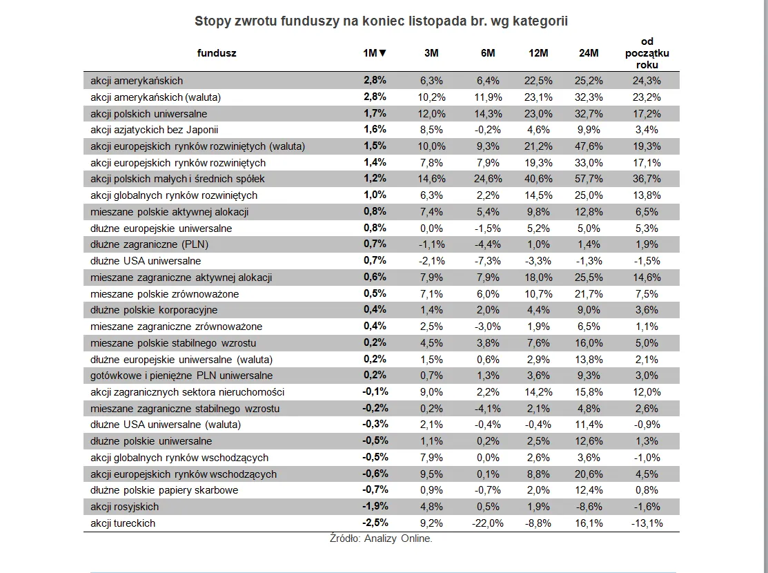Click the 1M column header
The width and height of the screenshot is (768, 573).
(x=375, y=53)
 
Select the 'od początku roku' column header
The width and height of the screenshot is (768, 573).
(x=647, y=53)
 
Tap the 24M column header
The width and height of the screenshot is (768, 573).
(x=589, y=53)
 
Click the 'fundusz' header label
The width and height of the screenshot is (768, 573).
(x=217, y=53)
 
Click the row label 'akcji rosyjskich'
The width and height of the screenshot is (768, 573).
(x=124, y=507)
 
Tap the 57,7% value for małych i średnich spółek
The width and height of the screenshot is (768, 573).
(x=589, y=179)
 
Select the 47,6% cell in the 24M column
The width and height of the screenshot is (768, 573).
(x=589, y=146)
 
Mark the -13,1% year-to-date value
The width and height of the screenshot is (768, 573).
(x=647, y=523)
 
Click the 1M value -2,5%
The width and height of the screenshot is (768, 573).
(x=375, y=523)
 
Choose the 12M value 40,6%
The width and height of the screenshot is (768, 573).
(x=538, y=179)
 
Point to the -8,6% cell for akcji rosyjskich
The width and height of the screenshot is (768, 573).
(x=589, y=507)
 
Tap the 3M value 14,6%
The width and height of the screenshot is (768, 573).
(x=432, y=179)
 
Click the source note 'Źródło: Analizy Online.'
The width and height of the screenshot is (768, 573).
(x=381, y=539)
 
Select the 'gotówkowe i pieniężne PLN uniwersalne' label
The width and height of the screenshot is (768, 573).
(x=181, y=376)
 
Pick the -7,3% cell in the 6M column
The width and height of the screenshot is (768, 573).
(x=488, y=261)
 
